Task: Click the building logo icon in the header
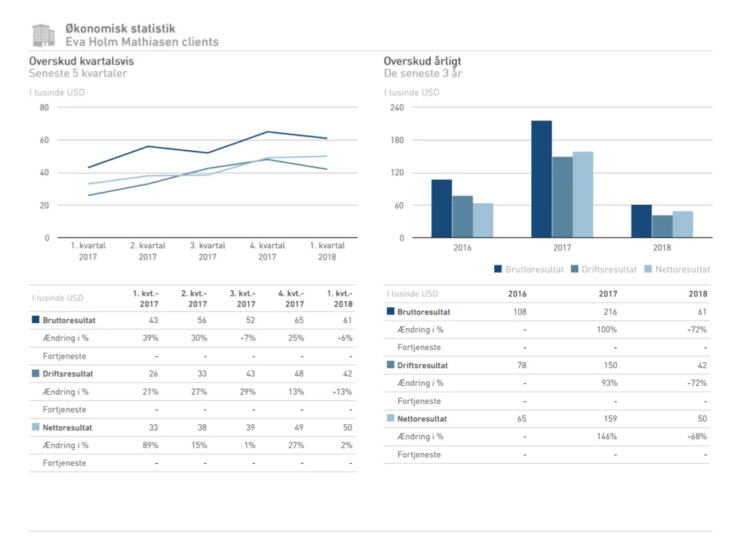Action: click(43, 35)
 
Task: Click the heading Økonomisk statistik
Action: click(120, 29)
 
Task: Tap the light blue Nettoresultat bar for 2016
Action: click(483, 220)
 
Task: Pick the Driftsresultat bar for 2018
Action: click(662, 226)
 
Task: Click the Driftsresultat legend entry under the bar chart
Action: click(603, 269)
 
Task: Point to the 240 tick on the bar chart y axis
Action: click(397, 107)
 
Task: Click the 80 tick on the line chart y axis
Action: click(45, 107)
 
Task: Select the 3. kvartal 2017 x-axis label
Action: click(207, 251)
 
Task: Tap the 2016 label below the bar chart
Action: click(463, 248)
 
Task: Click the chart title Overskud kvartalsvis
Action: click(81, 61)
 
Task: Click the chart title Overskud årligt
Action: click(422, 61)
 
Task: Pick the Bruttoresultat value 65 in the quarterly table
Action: click(299, 320)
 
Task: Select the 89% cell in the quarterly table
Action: click(150, 445)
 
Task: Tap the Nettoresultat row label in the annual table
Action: click(421, 418)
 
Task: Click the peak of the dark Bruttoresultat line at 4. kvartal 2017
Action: click(267, 132)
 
